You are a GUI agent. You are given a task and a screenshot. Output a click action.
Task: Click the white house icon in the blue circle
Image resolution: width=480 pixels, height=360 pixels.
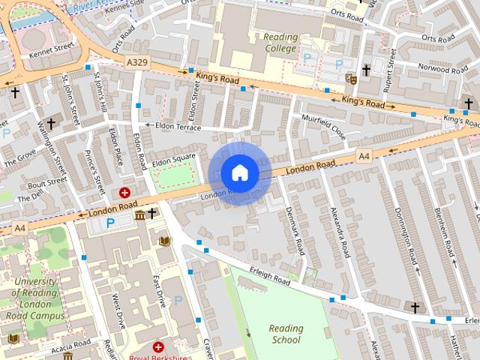click(240, 173)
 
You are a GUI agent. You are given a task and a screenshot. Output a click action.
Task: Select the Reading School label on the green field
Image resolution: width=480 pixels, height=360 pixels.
click(286, 334)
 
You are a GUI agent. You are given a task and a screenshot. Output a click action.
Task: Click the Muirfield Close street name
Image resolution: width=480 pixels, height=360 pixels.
click(323, 125)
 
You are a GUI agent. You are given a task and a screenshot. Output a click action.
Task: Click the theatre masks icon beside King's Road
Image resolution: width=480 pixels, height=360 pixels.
click(350, 76)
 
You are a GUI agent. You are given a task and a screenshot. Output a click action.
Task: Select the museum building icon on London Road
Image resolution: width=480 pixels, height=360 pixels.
click(140, 216)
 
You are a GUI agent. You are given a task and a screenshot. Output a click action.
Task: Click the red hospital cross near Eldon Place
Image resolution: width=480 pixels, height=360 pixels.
click(124, 193)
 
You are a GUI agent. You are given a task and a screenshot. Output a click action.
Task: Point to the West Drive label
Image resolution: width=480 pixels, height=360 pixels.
click(116, 308)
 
